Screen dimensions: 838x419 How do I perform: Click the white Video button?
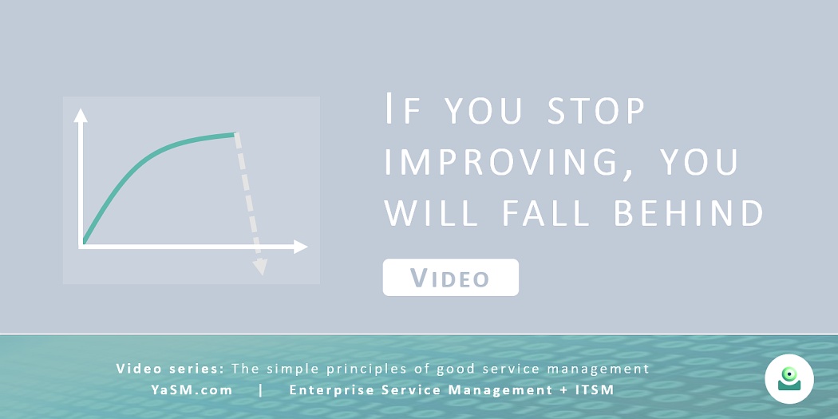click(451, 278)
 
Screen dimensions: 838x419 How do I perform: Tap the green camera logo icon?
click(789, 379)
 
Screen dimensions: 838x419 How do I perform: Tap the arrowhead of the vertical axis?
click(81, 115)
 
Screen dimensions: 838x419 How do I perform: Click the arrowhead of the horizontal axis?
click(302, 247)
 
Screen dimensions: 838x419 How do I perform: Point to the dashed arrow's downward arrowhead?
click(260, 267)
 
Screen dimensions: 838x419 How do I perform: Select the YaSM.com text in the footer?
click(192, 390)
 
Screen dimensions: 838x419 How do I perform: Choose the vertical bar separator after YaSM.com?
click(261, 390)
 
